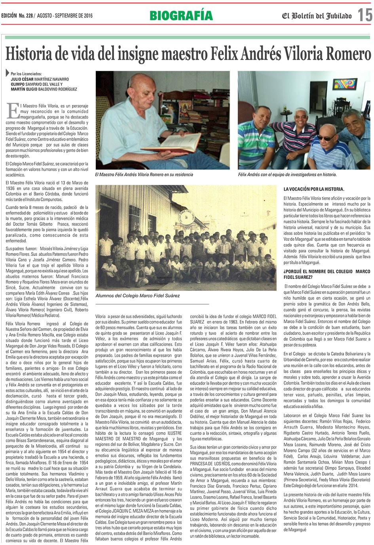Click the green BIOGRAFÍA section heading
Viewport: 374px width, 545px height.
coord(181,15)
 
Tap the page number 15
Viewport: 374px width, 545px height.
coord(365,15)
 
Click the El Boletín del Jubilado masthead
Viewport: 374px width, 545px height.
coord(316,16)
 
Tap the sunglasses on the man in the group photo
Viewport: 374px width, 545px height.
coord(327,137)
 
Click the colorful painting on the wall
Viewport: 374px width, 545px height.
coord(345,84)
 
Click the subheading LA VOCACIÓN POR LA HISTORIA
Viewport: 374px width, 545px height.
coord(314,189)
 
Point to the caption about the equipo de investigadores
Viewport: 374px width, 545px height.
coord(287,174)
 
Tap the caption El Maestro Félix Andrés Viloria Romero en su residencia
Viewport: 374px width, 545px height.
coord(144,174)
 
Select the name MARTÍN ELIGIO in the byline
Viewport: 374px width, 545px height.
coord(25,89)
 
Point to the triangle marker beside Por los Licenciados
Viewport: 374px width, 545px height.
coord(8,73)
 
